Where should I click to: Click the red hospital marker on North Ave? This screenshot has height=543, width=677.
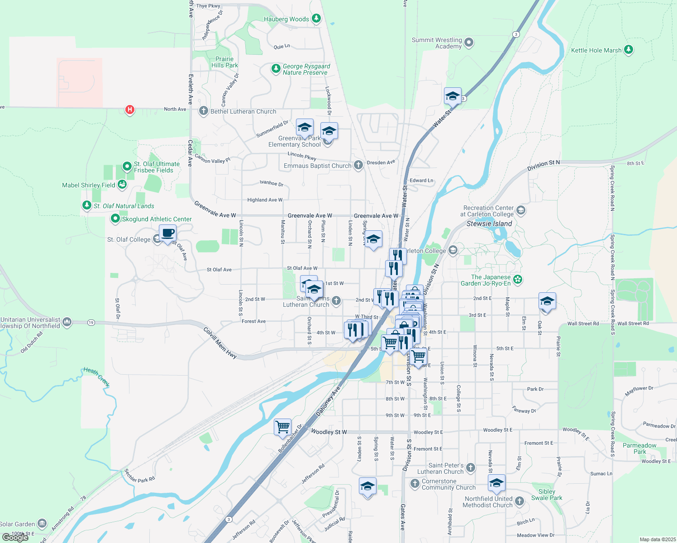[x=130, y=110]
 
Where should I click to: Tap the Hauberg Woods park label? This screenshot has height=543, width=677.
[x=286, y=19]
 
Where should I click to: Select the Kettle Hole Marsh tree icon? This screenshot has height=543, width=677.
[x=628, y=49]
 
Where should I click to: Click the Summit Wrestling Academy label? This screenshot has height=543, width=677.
[x=437, y=43]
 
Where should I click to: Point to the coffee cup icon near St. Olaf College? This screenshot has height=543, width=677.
[x=167, y=233]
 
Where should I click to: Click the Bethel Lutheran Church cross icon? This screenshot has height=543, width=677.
[x=203, y=111]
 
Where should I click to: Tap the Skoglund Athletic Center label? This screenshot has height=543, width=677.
[x=157, y=219]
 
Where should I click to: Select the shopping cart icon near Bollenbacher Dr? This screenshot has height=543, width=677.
[x=282, y=426]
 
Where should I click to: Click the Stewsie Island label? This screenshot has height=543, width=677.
[x=489, y=224]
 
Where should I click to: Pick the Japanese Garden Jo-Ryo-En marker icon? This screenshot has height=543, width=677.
[x=518, y=280]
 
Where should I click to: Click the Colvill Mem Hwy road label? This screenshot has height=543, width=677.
[x=220, y=343]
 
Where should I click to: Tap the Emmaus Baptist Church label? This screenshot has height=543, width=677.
[x=317, y=166]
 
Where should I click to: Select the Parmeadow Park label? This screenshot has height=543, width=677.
[x=639, y=448]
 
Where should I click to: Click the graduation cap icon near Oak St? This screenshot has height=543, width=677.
[x=547, y=301]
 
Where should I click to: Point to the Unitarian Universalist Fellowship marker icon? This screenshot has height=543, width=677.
[x=67, y=322]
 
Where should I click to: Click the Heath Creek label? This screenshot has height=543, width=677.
[x=96, y=377]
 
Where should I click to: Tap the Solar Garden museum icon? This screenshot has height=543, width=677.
[x=42, y=524]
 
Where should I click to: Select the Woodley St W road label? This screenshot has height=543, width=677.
[x=329, y=432]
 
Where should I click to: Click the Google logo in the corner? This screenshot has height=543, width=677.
[x=15, y=538]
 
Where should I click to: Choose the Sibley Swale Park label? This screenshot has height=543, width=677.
[x=547, y=495]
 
